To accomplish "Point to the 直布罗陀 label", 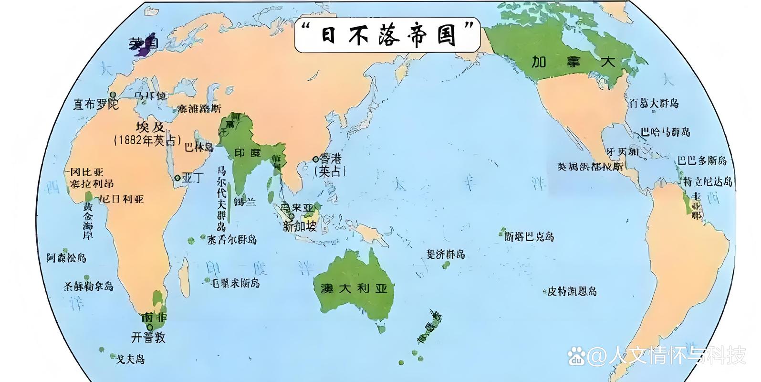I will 95,104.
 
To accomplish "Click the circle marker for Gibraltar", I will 114,95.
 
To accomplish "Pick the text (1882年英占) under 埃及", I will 147,140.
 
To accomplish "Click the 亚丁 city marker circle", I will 177,178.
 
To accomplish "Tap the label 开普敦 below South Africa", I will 148,337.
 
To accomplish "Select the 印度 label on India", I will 248,153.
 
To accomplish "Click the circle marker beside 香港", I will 315,159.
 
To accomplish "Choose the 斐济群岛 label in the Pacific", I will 446,254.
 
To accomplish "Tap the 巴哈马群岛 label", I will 665,132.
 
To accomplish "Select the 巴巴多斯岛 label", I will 702,160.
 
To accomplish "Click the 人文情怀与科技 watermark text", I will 666,356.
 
